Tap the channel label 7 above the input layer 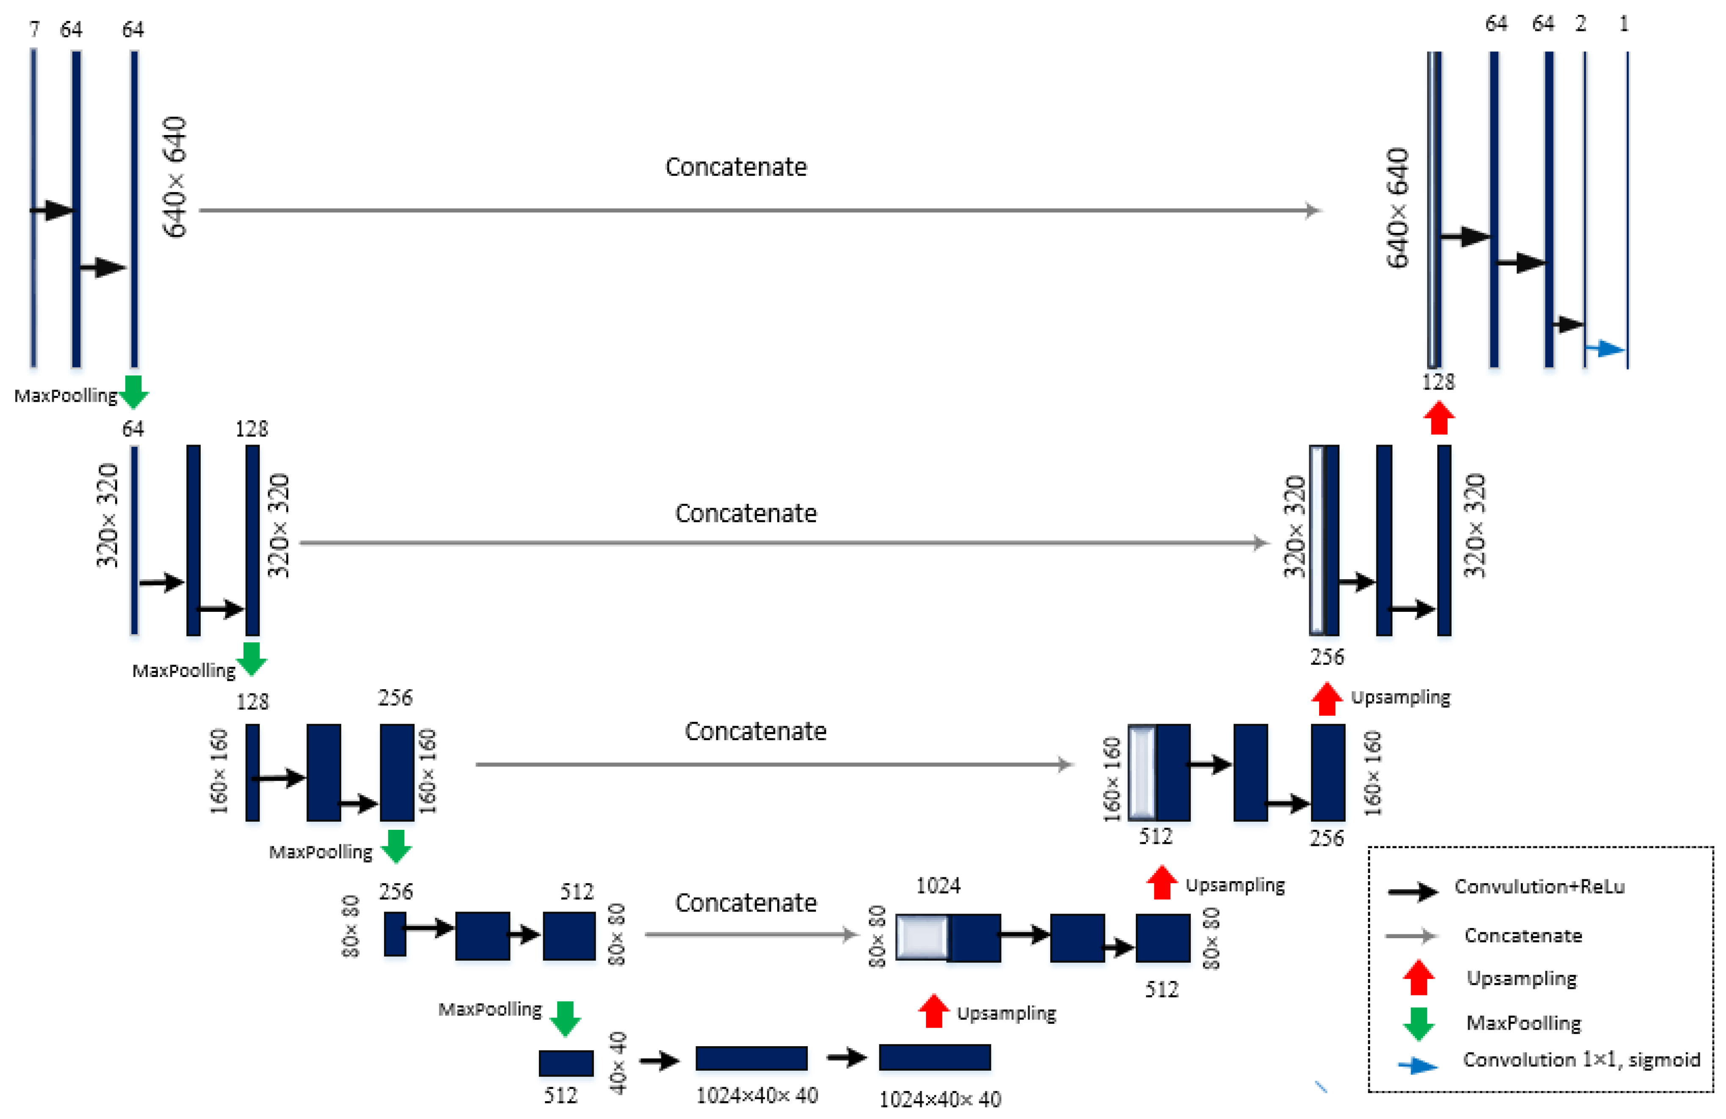(x=34, y=29)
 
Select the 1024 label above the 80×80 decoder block (x=938, y=885)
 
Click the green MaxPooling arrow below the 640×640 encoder (x=133, y=392)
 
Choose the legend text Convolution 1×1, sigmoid (x=1581, y=1060)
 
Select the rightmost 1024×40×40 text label (x=940, y=1100)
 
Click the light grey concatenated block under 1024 (x=922, y=937)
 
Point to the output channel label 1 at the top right (x=1624, y=24)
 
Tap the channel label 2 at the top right (x=1580, y=24)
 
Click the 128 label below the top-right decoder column (x=1438, y=381)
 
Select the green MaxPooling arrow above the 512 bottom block (x=565, y=1017)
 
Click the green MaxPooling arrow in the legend (x=1419, y=1022)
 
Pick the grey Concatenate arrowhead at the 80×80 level (x=850, y=934)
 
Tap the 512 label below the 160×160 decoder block (x=1155, y=836)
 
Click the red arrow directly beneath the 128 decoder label (x=1439, y=418)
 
